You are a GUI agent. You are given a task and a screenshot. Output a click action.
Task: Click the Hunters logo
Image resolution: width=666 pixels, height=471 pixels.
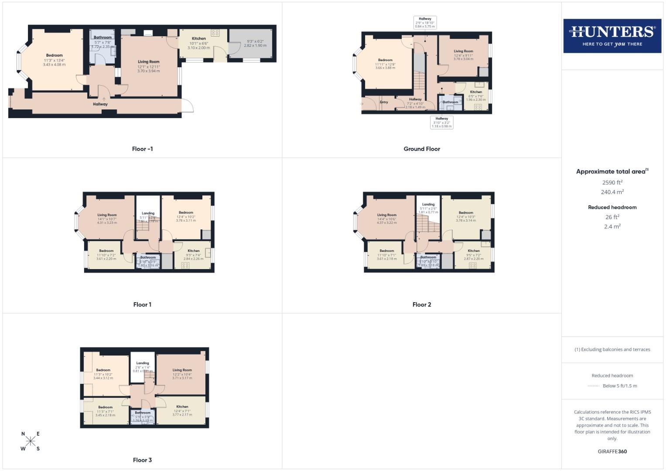click(612, 36)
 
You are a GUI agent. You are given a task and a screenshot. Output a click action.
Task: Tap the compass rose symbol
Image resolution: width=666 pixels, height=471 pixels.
click(31, 441)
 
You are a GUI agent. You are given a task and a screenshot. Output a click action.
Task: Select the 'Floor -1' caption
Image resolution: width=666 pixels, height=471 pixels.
click(142, 149)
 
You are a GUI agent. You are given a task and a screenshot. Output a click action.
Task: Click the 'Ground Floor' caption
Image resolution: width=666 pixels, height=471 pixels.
click(422, 149)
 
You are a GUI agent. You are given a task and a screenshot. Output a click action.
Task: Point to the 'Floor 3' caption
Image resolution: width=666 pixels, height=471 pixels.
click(142, 460)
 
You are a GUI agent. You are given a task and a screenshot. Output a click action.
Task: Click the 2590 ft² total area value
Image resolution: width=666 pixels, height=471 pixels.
click(612, 182)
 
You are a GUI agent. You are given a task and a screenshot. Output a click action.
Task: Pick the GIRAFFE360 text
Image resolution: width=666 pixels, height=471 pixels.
click(612, 451)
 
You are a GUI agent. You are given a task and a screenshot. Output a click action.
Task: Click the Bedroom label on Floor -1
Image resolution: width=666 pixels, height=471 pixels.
click(55, 55)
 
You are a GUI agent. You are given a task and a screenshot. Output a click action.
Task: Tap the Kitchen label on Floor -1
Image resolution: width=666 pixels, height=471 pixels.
click(199, 38)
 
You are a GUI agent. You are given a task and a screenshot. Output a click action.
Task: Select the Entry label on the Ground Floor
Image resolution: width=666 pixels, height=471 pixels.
click(384, 102)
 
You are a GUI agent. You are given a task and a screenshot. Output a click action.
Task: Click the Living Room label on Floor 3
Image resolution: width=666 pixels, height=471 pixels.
click(182, 370)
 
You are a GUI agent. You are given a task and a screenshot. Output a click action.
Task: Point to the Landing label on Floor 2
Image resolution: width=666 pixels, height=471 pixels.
click(428, 204)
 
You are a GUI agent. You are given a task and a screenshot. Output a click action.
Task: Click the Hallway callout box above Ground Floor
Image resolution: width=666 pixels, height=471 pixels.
click(425, 23)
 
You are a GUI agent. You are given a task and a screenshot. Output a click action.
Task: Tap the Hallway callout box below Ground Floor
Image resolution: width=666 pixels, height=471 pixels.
click(442, 122)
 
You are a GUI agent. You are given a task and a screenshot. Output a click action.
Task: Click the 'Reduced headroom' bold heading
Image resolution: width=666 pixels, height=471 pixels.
click(612, 207)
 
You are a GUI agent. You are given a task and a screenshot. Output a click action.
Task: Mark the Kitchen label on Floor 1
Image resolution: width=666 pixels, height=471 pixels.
click(193, 251)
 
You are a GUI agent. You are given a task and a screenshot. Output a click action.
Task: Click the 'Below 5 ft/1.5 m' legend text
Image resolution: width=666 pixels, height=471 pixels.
click(619, 386)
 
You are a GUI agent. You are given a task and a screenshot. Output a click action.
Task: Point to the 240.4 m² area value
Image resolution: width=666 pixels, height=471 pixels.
click(612, 192)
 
